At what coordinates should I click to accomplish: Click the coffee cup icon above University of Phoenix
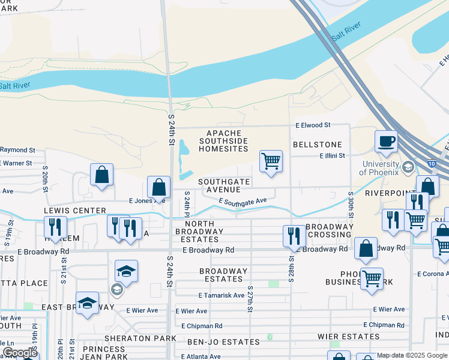(387, 142)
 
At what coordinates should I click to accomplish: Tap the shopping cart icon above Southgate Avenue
(271, 161)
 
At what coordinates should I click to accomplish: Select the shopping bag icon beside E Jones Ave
(159, 187)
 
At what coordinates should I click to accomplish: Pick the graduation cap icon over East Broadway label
(87, 304)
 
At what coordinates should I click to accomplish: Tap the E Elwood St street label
(313, 125)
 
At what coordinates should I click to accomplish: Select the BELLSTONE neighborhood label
(317, 145)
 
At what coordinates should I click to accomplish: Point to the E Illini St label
(332, 155)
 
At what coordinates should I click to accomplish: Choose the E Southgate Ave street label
(243, 203)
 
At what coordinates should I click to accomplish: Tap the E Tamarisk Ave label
(221, 295)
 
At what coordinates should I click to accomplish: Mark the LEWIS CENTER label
(75, 211)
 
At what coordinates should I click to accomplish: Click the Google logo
(20, 353)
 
